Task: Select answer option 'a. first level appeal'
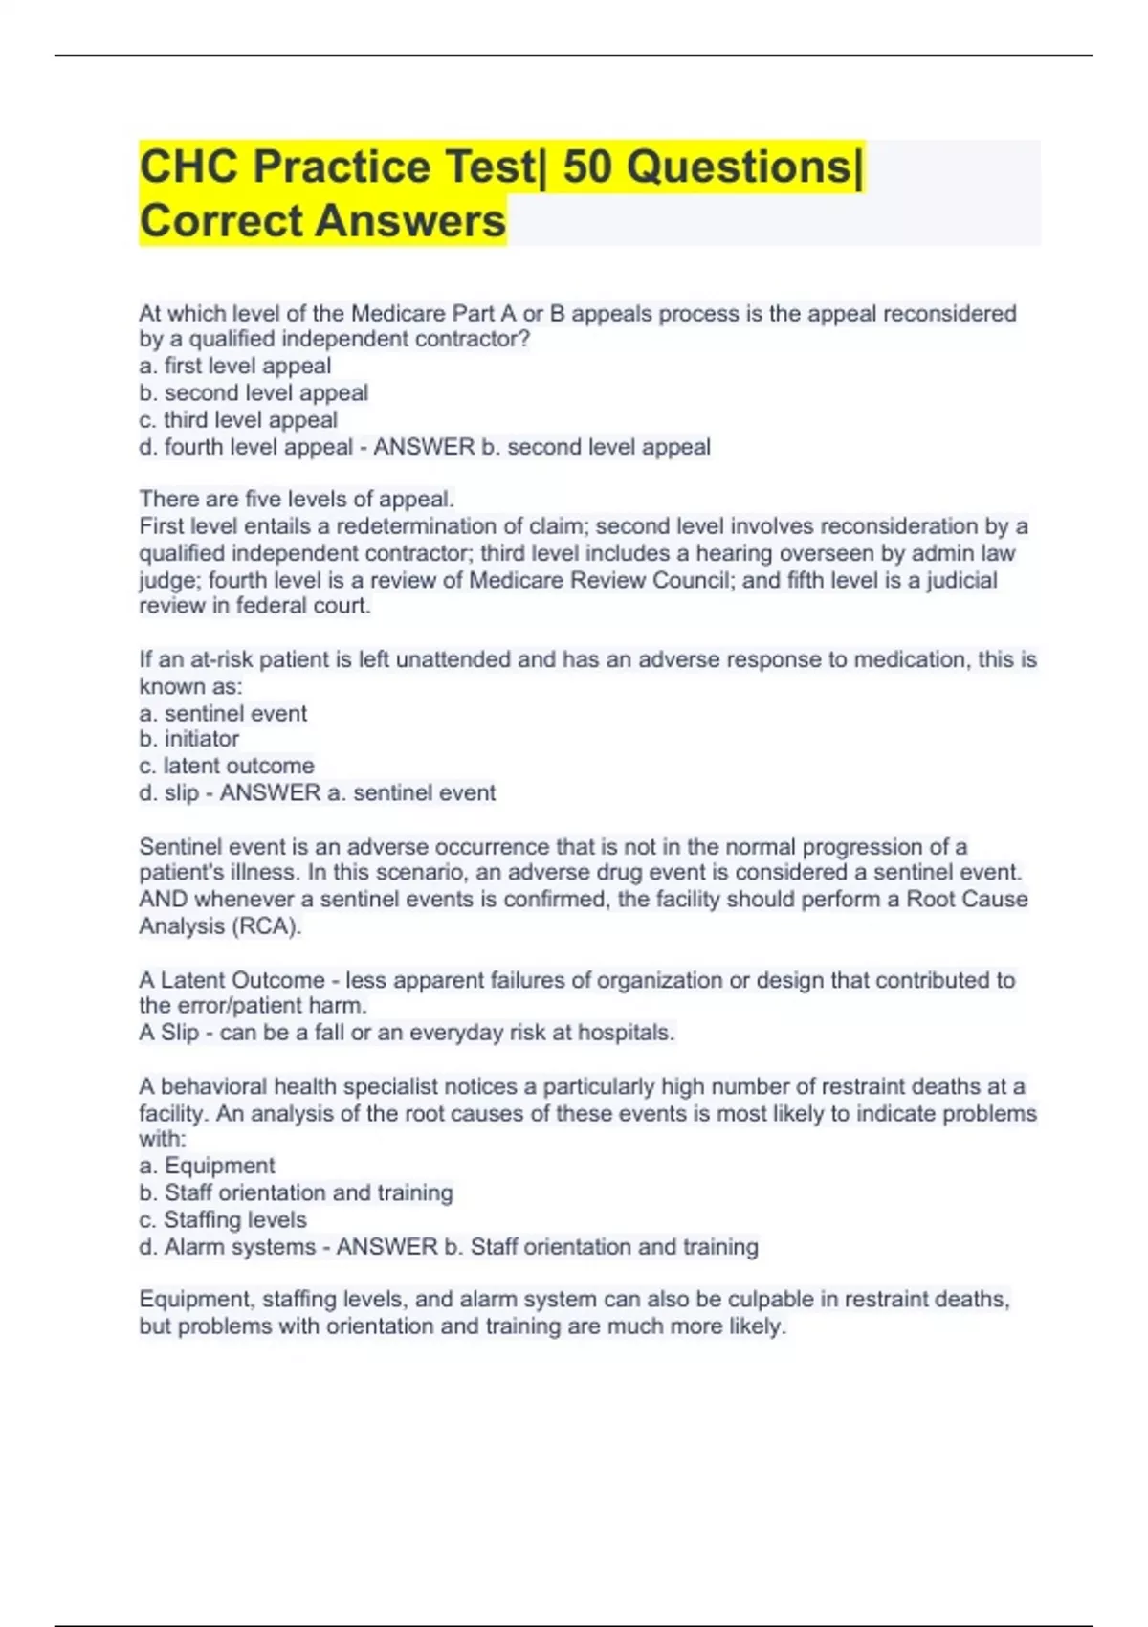click(x=235, y=366)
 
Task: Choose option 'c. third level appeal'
click(x=238, y=419)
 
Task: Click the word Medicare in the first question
click(x=401, y=313)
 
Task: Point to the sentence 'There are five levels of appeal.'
click(x=297, y=499)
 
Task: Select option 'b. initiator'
click(x=189, y=739)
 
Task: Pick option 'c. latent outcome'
click(x=227, y=766)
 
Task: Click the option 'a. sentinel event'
click(x=223, y=713)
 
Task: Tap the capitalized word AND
click(x=163, y=900)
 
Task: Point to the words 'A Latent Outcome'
click(x=232, y=980)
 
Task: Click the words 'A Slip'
click(x=169, y=1033)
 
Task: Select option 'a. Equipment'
click(x=207, y=1166)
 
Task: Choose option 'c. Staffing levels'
click(x=223, y=1219)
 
